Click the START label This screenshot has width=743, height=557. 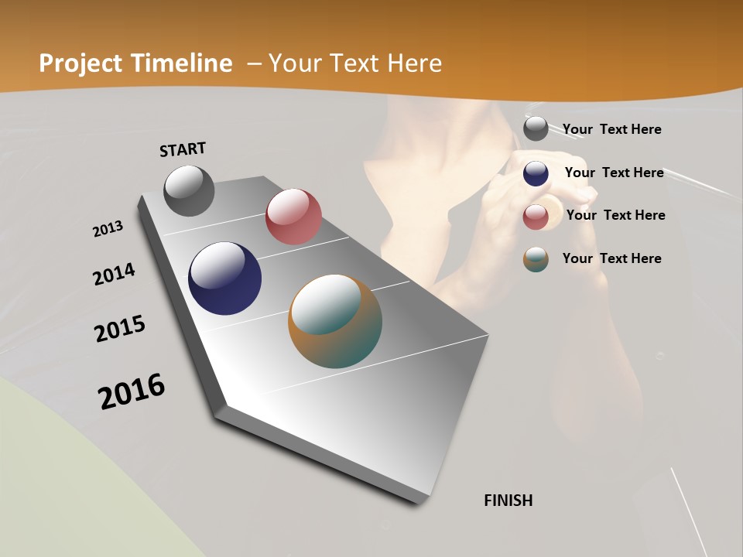point(183,149)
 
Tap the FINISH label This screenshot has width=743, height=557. point(508,501)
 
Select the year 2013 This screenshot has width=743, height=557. point(108,229)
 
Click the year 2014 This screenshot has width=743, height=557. point(115,275)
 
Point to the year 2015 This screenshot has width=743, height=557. point(120,329)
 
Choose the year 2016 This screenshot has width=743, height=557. point(132,391)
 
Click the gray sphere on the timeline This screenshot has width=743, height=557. point(189,190)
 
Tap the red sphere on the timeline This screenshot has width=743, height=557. point(293,217)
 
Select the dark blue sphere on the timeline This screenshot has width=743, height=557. point(224,278)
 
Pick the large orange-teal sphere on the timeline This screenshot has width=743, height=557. point(335,321)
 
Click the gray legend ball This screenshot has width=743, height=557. point(536,128)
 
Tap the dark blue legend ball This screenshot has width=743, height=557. point(536,173)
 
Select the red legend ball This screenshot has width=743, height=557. point(536,217)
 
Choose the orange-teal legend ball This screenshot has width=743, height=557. point(536,259)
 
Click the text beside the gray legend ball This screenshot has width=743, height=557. point(611,129)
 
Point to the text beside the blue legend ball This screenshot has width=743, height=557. point(614,173)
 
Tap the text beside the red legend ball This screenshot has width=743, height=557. point(615,215)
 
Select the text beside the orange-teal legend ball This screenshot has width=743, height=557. point(611,258)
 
